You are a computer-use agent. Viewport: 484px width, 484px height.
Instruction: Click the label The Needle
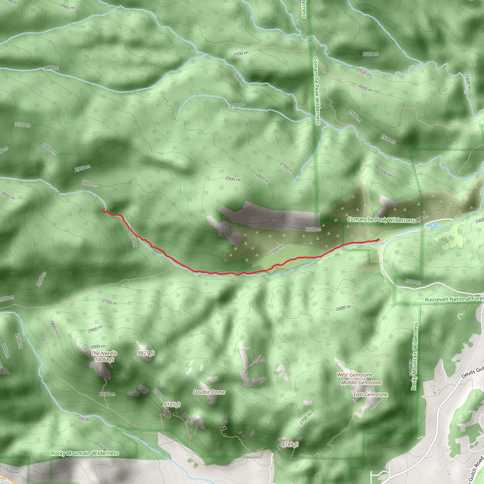[x=104, y=353]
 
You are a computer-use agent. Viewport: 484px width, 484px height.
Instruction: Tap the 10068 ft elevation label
[x=104, y=359]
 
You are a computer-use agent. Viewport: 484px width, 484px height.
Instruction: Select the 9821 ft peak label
[x=146, y=353]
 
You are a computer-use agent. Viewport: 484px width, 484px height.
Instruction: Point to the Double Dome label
[x=209, y=392]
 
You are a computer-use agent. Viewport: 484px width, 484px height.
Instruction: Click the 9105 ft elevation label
[x=172, y=405]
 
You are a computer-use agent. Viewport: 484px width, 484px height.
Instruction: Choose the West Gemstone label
[x=355, y=375]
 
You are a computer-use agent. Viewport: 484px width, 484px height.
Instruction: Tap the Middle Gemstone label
[x=361, y=383]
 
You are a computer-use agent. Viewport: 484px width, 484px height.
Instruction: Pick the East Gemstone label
[x=370, y=395]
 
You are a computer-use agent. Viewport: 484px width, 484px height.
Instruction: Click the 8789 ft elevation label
[x=290, y=445]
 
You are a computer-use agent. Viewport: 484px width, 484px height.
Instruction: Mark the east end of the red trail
[x=378, y=240]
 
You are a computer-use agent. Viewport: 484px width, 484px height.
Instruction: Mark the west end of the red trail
[x=104, y=210]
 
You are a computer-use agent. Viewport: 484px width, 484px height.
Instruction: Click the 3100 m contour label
[x=22, y=125]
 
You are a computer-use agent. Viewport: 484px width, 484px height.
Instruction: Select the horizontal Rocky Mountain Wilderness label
[x=85, y=453]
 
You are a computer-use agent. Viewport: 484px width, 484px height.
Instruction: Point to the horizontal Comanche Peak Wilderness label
[x=381, y=220]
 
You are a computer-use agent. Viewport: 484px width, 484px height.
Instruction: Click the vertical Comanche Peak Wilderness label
[x=317, y=91]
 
